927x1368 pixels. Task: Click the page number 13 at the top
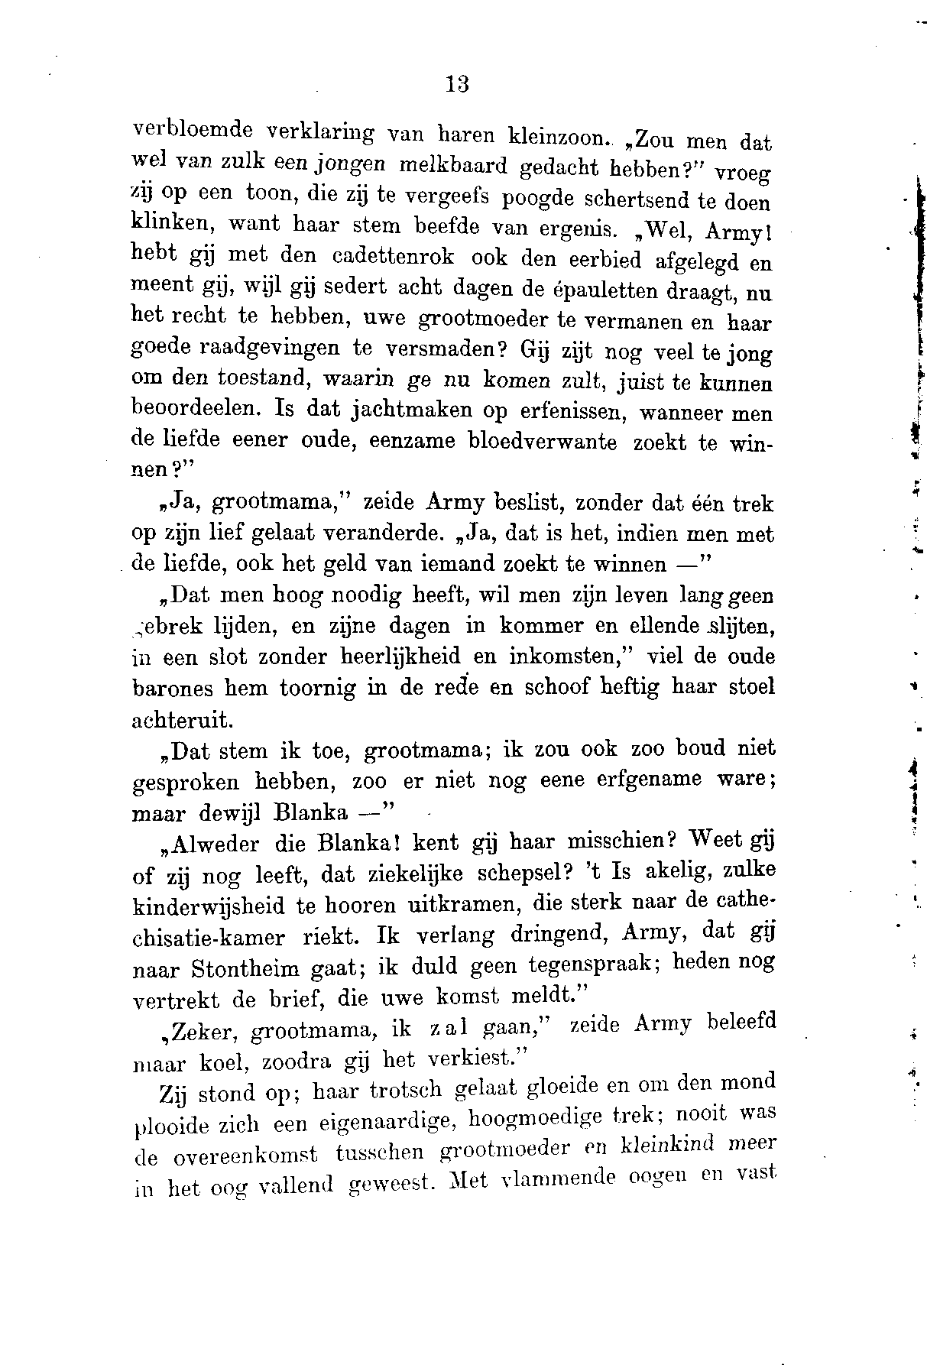coord(457,83)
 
